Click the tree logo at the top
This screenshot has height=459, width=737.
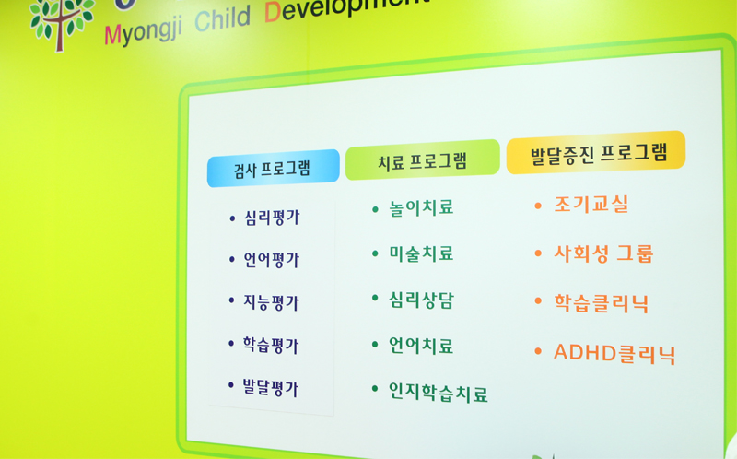(x=61, y=24)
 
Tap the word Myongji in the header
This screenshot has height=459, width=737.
(x=144, y=31)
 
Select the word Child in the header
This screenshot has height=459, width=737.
(x=222, y=18)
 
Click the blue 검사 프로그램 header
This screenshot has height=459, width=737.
(x=273, y=168)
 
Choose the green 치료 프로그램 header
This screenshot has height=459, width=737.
(x=422, y=159)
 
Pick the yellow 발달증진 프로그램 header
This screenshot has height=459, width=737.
(x=596, y=152)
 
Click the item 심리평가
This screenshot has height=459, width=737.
(x=271, y=218)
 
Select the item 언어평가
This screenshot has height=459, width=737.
(x=271, y=260)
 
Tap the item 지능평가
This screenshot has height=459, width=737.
(x=271, y=302)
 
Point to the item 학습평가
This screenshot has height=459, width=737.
(x=270, y=346)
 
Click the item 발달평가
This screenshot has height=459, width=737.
(x=270, y=388)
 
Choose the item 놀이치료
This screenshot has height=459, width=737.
(x=421, y=207)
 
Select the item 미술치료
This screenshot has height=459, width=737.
(x=421, y=253)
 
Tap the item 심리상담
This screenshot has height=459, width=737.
(x=421, y=300)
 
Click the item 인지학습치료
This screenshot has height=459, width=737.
(x=439, y=393)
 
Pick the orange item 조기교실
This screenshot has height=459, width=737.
(x=591, y=204)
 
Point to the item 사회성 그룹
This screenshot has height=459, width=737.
(x=603, y=253)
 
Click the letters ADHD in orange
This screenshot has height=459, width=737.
(x=585, y=352)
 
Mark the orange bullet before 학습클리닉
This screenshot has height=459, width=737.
(x=538, y=300)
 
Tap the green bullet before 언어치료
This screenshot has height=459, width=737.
(x=375, y=345)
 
